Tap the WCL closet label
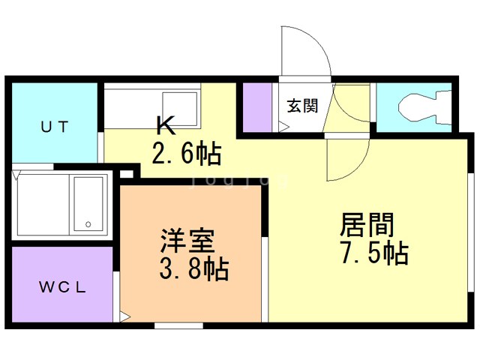coord(63,286)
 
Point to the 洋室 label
coord(187,241)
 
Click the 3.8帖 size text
coord(192,268)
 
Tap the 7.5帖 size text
coord(374,253)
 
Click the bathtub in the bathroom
coord(88,203)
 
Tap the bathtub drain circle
coord(88,224)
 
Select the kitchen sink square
coord(180,109)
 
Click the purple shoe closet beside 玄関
coord(256,108)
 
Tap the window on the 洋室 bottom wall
coord(178,325)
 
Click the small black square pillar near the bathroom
coord(126,175)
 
